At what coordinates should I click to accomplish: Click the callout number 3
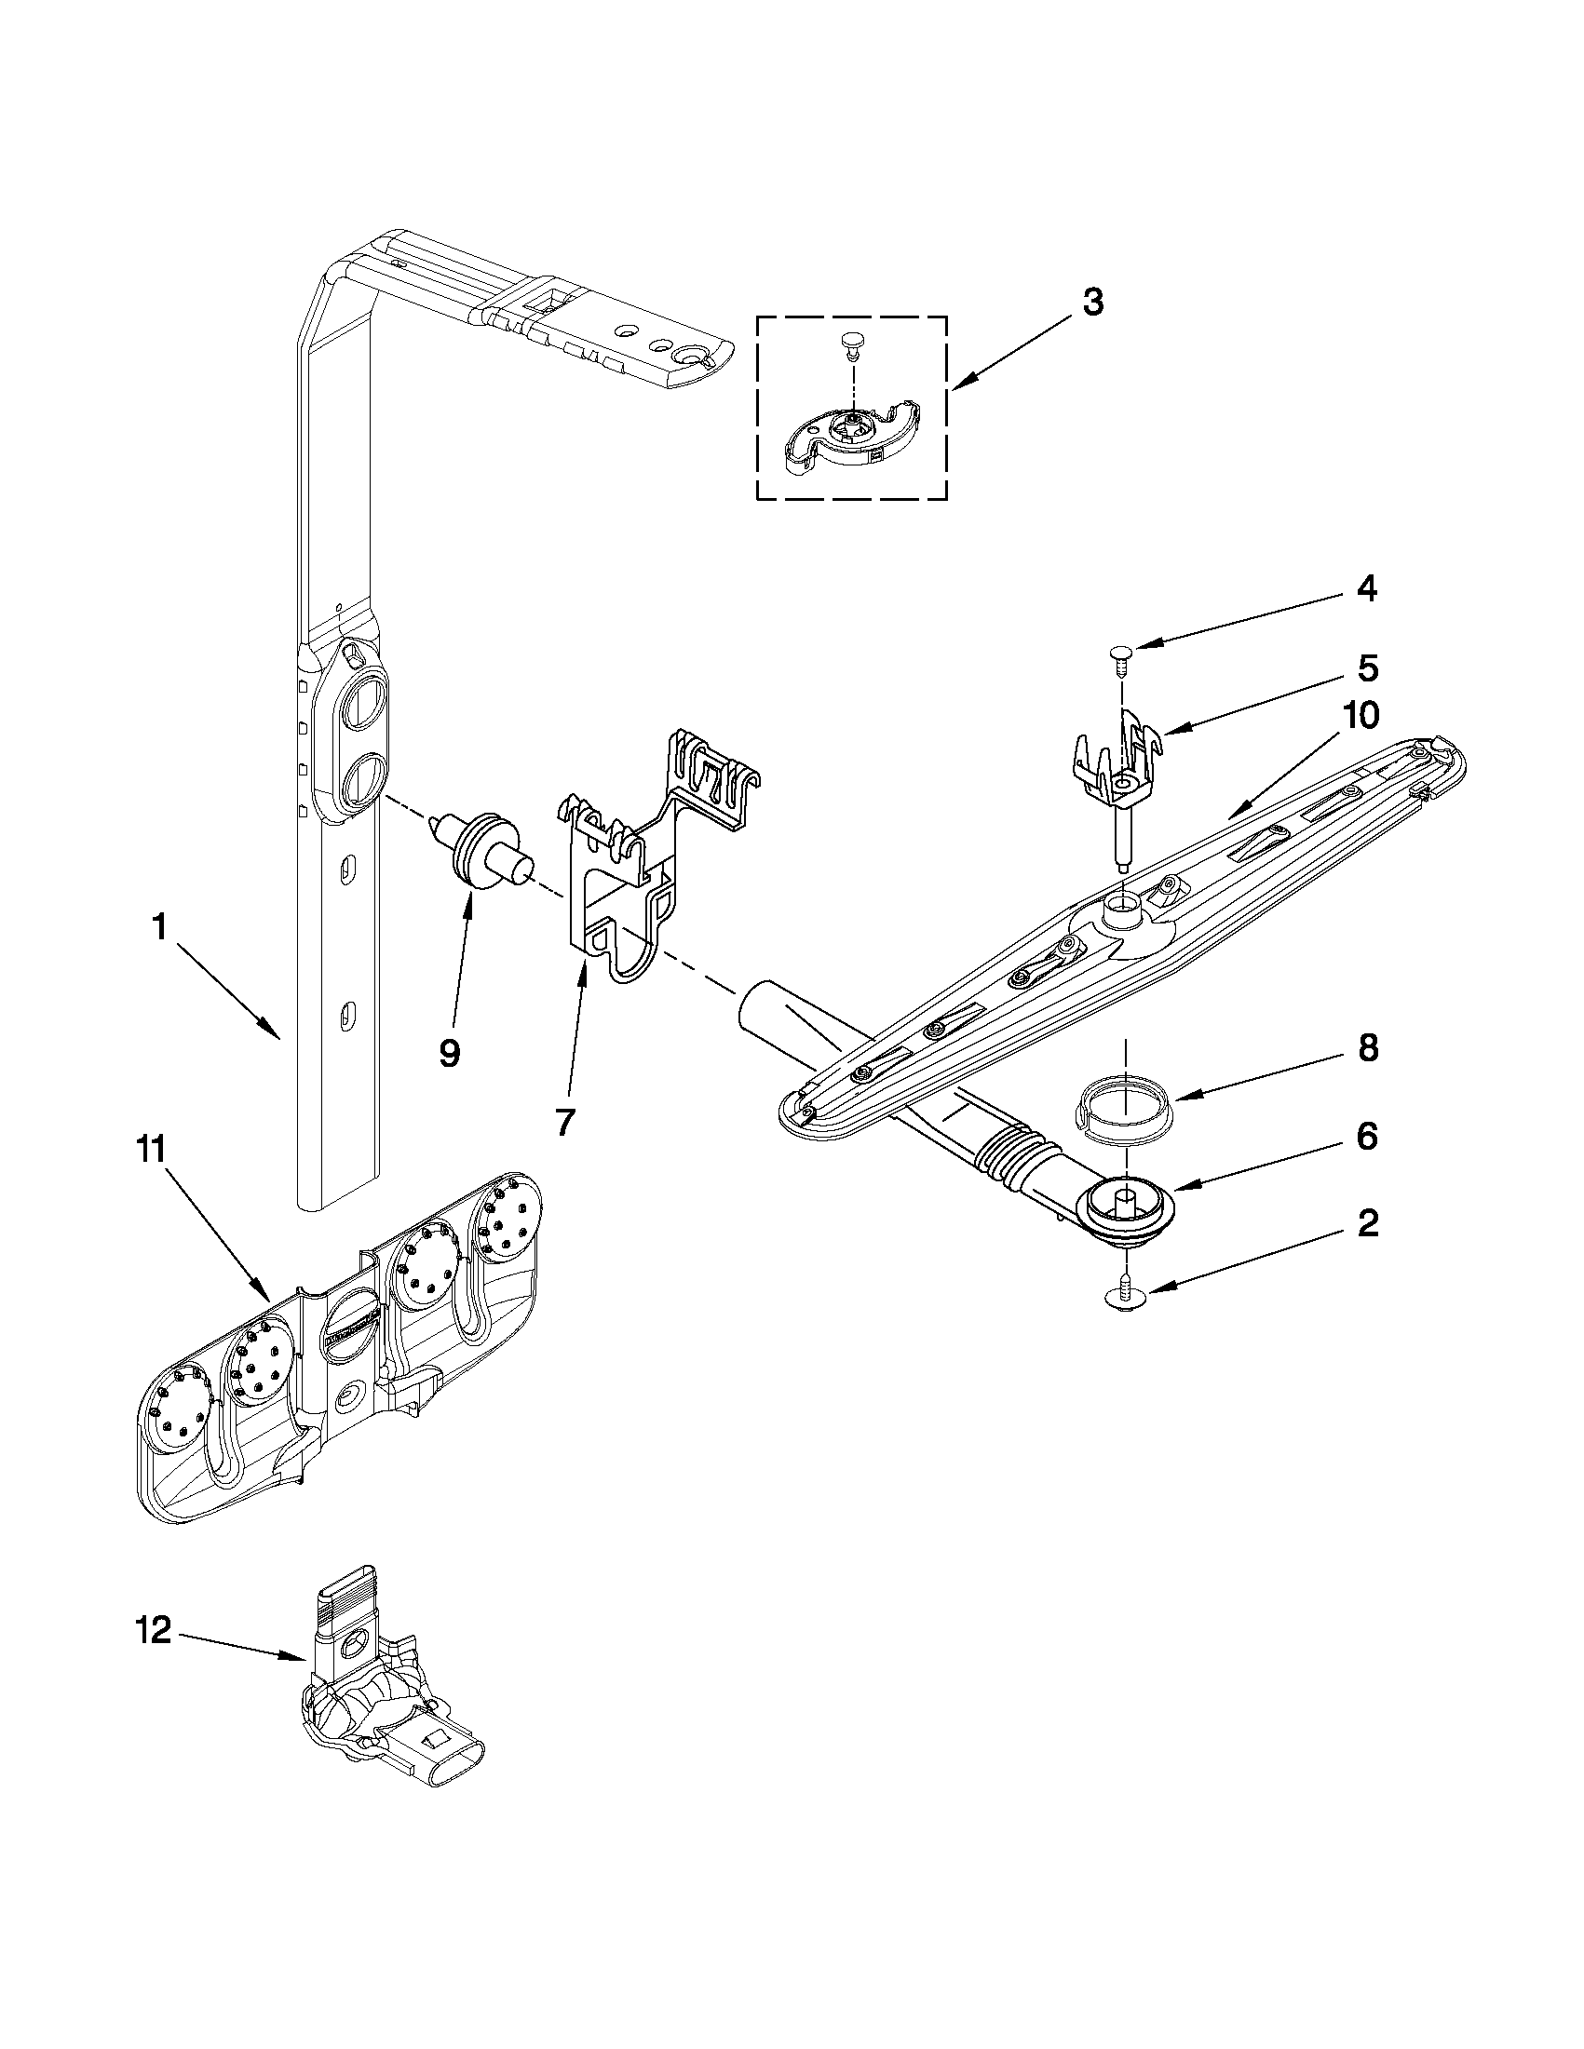[1092, 303]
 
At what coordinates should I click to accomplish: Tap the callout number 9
[450, 1054]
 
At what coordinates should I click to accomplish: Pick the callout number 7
[563, 1122]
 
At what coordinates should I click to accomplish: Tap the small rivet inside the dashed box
[851, 344]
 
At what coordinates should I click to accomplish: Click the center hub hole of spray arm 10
[1122, 906]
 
